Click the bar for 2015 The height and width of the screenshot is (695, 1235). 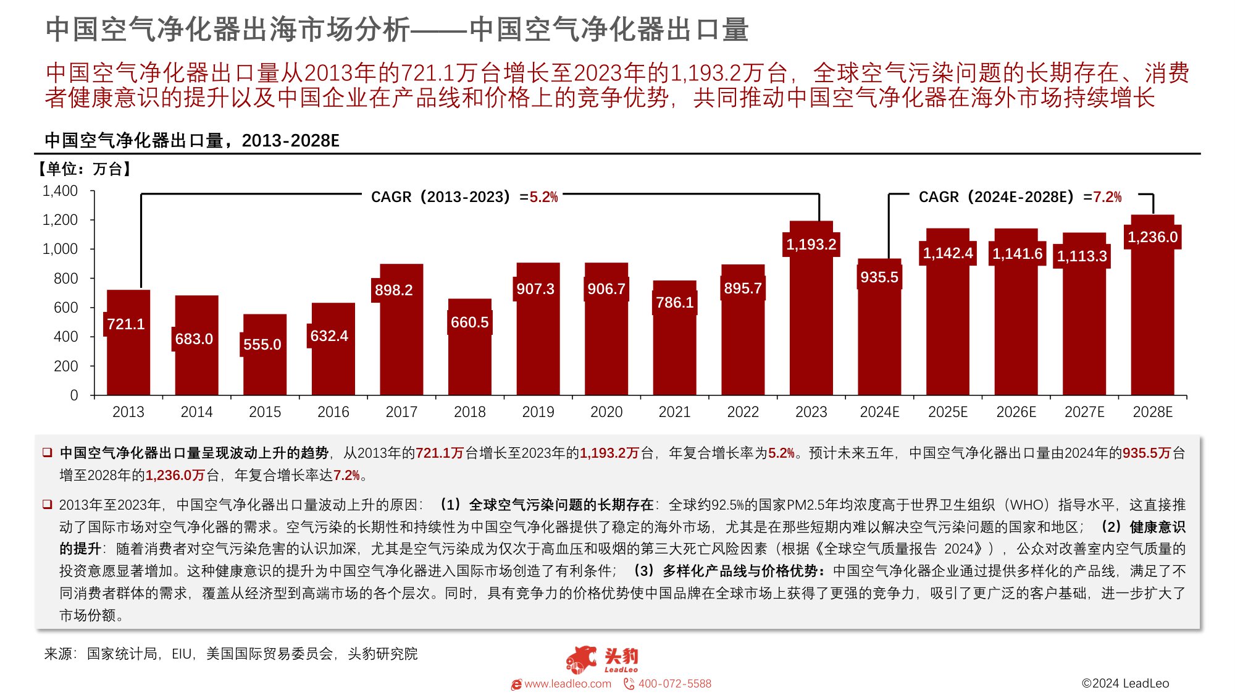265,371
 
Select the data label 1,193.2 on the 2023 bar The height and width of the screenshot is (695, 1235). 811,245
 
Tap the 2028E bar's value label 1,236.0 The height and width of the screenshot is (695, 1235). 1152,237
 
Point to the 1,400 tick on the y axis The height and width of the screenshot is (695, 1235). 60,191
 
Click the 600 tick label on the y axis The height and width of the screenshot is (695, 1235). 65,308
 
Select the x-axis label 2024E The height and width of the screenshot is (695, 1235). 879,412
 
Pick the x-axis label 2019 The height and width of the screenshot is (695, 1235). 538,412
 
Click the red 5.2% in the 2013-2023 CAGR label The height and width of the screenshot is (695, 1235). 543,197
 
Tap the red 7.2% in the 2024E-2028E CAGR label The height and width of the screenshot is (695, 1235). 1107,197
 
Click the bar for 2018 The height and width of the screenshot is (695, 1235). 470,364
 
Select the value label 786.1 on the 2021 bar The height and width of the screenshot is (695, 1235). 674,303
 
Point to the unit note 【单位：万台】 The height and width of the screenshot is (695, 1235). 84,169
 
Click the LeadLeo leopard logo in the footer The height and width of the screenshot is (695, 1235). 581,659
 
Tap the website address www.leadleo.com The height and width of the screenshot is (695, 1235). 567,684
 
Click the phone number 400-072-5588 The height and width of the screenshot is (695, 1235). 674,684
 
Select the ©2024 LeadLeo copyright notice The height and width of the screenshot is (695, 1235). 1125,683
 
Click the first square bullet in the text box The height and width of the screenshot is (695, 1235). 47,453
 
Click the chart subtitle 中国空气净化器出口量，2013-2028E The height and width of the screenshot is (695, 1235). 192,141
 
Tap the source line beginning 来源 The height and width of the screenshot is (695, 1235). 230,654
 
